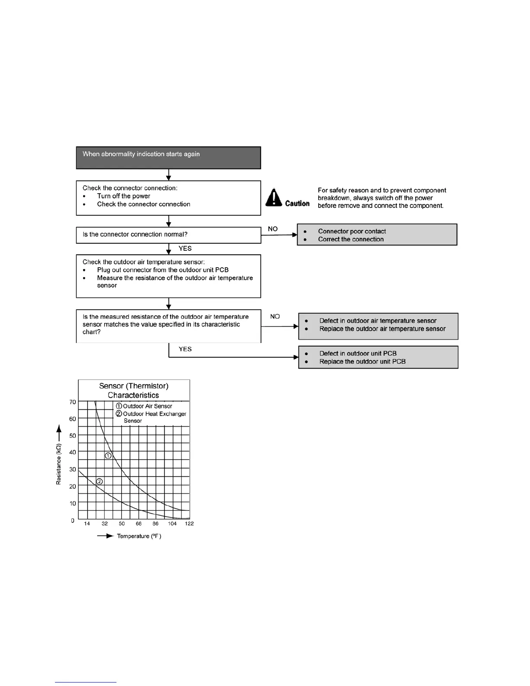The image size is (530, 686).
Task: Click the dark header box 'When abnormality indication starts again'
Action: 168,158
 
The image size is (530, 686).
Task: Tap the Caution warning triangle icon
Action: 274,197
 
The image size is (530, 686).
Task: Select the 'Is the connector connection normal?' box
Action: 168,235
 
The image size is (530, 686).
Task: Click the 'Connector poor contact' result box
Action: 377,235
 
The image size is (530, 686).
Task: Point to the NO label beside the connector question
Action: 273,229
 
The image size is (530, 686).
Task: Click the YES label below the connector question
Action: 185,249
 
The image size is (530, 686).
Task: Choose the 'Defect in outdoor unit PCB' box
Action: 378,357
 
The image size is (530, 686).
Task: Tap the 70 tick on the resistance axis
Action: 72,402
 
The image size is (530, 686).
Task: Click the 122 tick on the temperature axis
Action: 189,524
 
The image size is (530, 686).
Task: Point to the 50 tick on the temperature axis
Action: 122,524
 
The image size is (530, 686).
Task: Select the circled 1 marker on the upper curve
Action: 108,456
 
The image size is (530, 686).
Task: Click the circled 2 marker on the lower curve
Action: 99,481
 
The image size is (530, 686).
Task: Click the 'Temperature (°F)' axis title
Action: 139,536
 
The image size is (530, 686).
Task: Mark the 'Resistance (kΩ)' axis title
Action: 58,464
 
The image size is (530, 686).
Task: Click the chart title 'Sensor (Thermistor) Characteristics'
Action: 133,390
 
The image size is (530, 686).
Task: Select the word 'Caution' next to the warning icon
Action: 297,204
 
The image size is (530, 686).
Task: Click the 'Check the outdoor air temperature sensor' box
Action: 168,276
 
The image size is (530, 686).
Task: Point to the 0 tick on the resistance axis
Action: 72,521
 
